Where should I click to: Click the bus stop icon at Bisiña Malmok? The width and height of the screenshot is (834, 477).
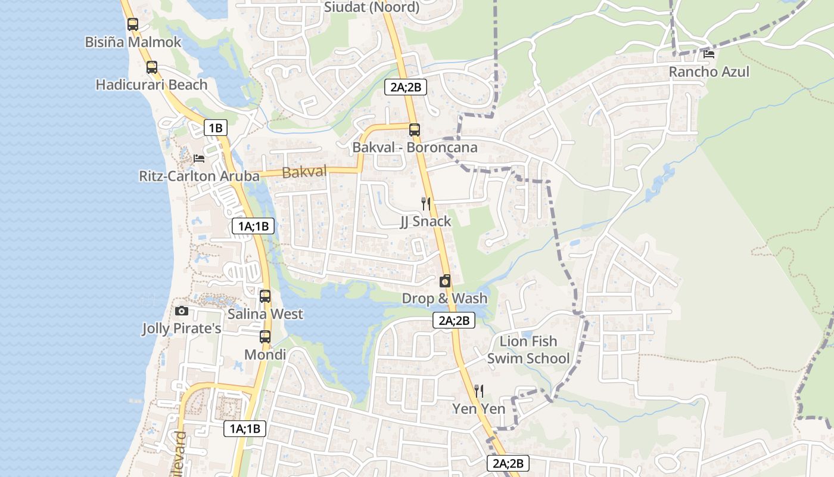(133, 24)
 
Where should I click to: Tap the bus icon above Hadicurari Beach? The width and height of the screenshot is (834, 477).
(152, 67)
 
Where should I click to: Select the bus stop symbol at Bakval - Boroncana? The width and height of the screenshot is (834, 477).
(414, 129)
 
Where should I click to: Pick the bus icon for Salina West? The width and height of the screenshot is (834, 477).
(265, 296)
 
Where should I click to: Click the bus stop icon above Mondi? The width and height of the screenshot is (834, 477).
(265, 336)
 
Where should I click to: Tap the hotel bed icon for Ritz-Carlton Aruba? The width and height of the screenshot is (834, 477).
(199, 158)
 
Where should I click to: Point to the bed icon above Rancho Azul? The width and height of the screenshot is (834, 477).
(709, 54)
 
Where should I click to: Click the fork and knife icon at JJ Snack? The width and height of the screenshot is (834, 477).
(425, 203)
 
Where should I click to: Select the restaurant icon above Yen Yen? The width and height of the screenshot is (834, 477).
(478, 391)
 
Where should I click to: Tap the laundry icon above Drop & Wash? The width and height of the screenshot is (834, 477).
(444, 281)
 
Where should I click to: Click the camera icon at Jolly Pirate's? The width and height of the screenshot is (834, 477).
(182, 311)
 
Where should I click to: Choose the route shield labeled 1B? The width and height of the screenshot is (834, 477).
(215, 127)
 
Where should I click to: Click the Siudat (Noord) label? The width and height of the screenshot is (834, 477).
(372, 7)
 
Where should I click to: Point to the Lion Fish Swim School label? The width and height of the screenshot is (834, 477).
(528, 349)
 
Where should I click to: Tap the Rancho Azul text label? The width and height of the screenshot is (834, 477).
(709, 72)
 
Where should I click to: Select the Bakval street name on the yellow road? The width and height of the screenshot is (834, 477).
(304, 172)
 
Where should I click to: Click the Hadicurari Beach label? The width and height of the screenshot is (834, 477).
(152, 85)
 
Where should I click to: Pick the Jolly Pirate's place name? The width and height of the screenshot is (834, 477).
(182, 329)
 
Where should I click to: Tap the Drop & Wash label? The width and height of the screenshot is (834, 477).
(444, 298)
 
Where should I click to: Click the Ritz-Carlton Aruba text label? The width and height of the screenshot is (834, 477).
(199, 176)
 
